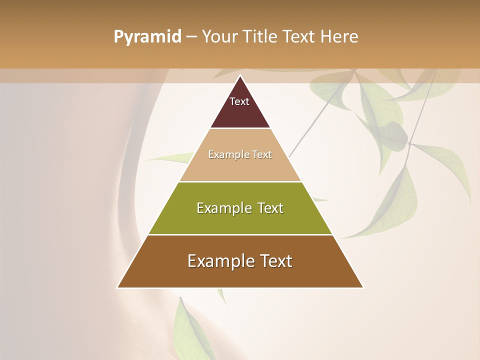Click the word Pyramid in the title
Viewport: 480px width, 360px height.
[147, 37]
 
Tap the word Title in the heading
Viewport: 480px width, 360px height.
[260, 36]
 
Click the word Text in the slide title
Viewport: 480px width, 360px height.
[299, 36]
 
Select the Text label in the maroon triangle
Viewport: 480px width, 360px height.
[239, 101]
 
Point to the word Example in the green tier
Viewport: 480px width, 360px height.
[222, 208]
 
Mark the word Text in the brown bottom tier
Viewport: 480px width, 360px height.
[274, 261]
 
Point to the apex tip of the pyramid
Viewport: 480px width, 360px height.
[240, 76]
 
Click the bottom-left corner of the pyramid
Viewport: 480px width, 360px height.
[118, 287]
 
